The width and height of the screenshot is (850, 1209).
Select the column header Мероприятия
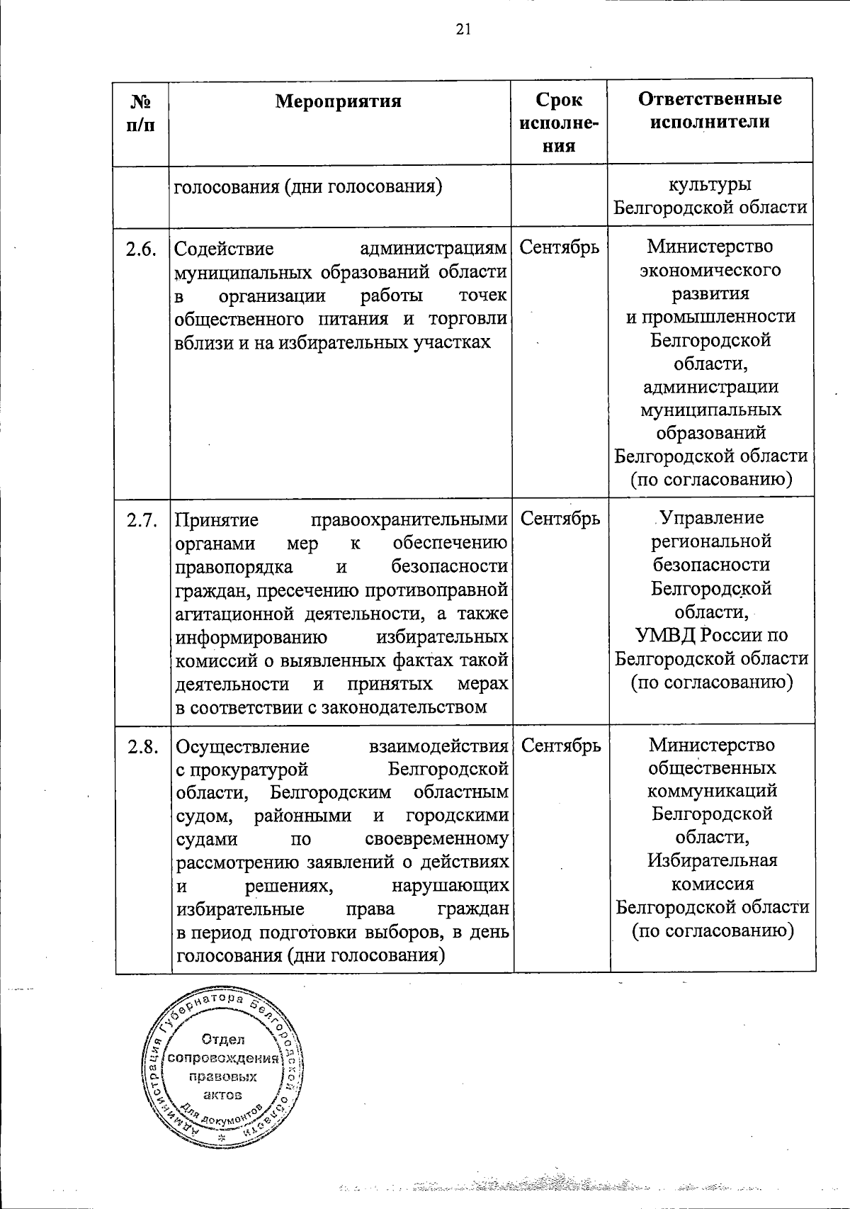tap(338, 101)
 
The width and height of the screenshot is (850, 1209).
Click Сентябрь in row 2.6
tap(560, 248)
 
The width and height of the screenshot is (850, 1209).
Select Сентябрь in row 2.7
tap(560, 519)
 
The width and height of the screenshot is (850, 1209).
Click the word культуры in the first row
tap(710, 184)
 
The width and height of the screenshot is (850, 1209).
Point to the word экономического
tap(710, 271)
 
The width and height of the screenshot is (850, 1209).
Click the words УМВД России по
tap(711, 636)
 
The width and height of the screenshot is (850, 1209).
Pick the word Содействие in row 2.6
tap(224, 249)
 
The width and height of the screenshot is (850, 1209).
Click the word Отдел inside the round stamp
tap(223, 1040)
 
